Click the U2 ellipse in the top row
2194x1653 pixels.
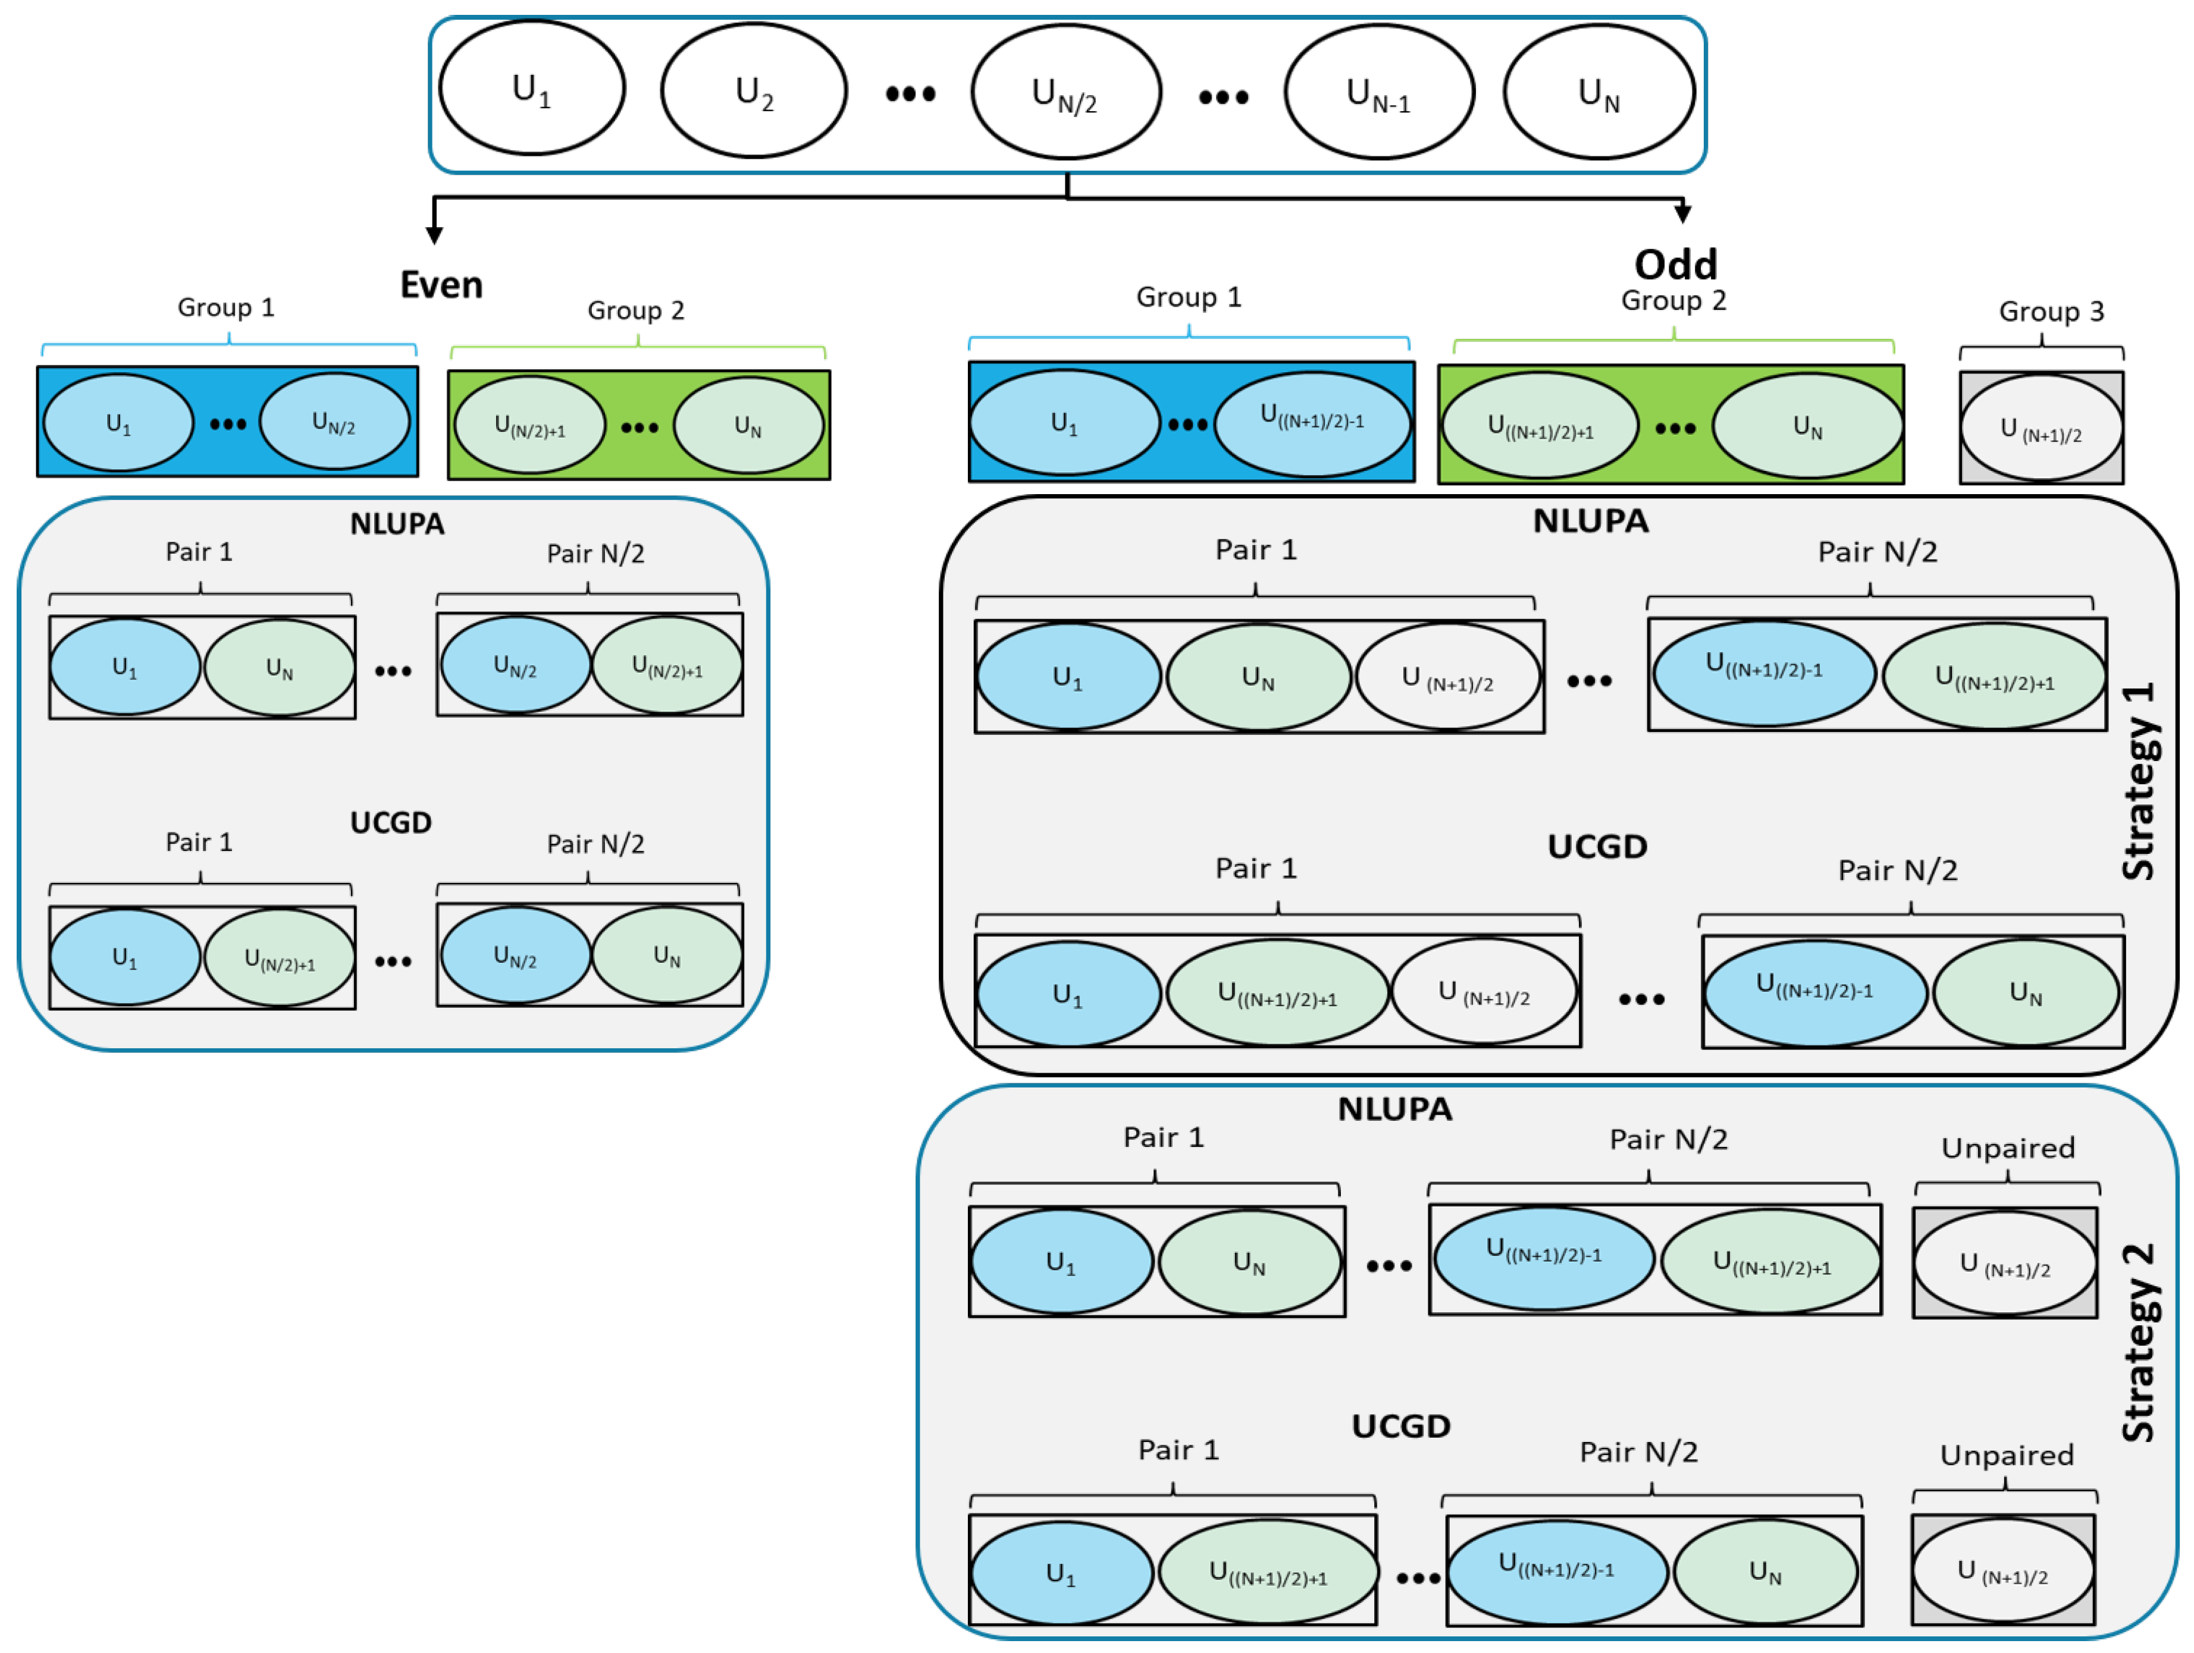click(x=754, y=91)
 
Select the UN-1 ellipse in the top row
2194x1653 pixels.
click(x=1379, y=92)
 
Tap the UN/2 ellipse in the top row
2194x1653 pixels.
click(x=1065, y=92)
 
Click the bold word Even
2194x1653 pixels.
click(x=441, y=285)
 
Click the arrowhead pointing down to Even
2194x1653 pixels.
click(x=434, y=234)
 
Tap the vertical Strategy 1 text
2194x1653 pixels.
click(x=2139, y=781)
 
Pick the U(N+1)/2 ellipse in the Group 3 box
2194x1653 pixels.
click(x=2041, y=428)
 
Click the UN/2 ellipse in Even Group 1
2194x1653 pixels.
click(x=334, y=422)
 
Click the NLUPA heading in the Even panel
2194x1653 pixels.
click(x=397, y=524)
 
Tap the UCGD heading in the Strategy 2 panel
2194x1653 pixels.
click(x=1400, y=1426)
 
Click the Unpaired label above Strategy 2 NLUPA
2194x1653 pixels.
click(x=2008, y=1148)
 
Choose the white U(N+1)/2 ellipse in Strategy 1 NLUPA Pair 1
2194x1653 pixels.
click(x=1447, y=677)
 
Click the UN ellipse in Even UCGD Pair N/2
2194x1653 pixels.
click(x=666, y=956)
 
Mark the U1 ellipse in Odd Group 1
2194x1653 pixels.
click(x=1064, y=423)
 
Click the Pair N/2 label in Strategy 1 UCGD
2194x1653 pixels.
click(x=1897, y=871)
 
